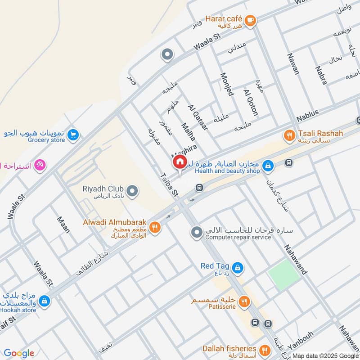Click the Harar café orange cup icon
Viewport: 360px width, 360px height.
tap(250, 20)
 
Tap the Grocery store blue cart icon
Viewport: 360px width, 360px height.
tap(73, 134)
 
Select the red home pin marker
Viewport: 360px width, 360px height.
tap(179, 162)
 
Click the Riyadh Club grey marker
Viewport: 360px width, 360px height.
tap(132, 191)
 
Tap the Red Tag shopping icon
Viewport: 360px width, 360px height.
tap(238, 269)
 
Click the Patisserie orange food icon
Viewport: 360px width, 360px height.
tap(244, 302)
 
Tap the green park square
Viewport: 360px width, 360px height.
tap(284, 275)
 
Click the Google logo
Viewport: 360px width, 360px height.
tap(19, 353)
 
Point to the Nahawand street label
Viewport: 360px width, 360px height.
tap(296, 260)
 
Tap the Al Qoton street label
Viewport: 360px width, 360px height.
tap(250, 103)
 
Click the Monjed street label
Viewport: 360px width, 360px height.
tap(227, 84)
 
